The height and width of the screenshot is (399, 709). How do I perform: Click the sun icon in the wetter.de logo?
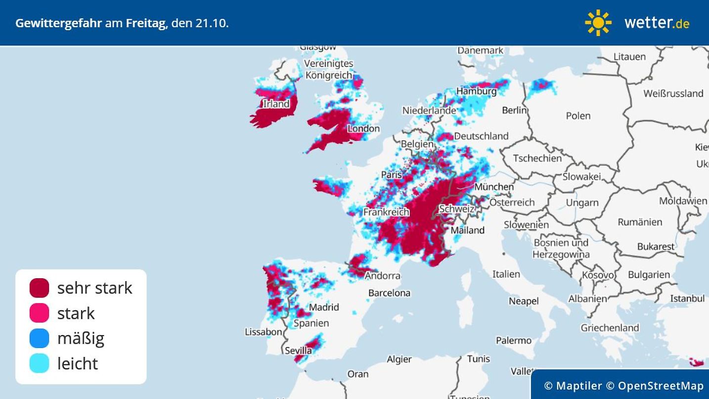(598, 23)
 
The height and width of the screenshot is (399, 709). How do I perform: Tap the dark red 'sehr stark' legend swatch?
(40, 288)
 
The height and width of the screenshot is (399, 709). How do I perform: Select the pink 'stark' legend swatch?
(40, 313)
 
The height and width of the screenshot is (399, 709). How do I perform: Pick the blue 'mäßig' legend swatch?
(40, 339)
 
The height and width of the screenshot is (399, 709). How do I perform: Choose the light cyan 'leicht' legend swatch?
(40, 364)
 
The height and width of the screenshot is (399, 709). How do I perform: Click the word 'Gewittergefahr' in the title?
(58, 23)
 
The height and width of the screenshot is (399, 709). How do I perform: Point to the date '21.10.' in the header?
(212, 23)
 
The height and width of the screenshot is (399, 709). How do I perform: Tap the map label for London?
(363, 129)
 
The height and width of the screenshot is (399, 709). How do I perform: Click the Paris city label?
(391, 175)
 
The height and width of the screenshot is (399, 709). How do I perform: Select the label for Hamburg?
(476, 91)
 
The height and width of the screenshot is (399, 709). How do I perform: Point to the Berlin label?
(514, 110)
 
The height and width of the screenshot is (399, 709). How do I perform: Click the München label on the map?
(494, 187)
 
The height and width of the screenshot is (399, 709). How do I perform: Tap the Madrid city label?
(324, 307)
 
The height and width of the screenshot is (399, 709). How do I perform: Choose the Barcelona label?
(389, 293)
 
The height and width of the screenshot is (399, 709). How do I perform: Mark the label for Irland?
(276, 104)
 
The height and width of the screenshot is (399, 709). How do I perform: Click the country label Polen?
(578, 116)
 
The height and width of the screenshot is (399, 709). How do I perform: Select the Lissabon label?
(264, 332)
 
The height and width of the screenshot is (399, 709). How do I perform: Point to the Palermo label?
(514, 341)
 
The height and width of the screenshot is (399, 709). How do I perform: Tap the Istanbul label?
(687, 299)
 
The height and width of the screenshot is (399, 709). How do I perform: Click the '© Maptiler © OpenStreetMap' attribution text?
(623, 386)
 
